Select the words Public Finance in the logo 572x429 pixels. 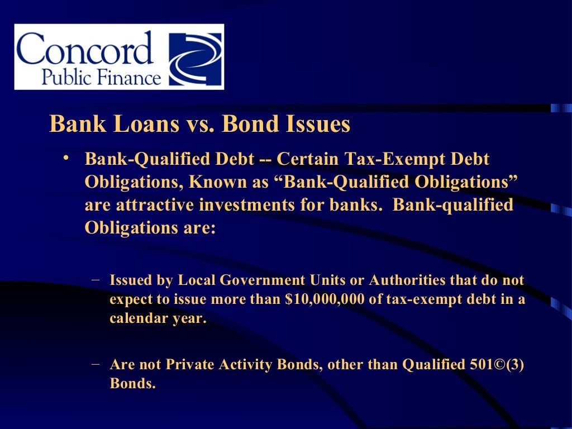[101, 77]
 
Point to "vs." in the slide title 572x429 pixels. [199, 124]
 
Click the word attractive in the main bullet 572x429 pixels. [154, 205]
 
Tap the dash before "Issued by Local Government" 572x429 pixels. [96, 278]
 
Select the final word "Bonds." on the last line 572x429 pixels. [132, 384]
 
